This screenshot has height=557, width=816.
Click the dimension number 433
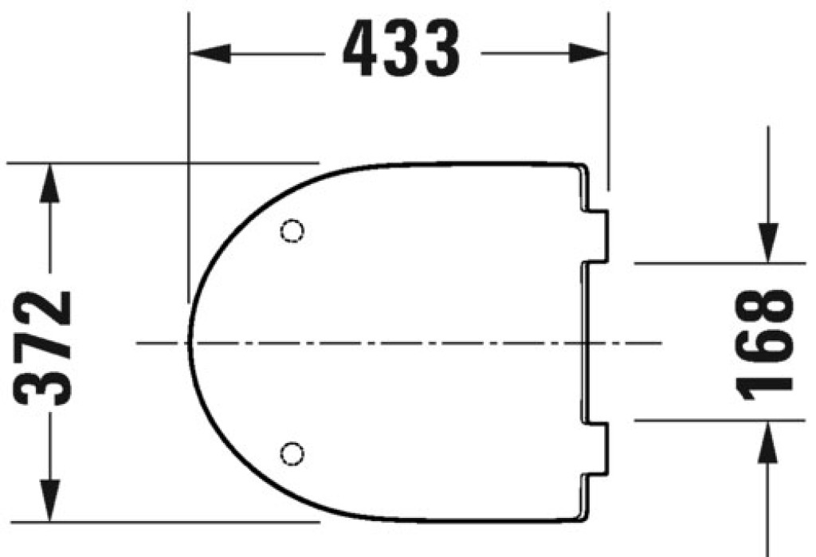402,49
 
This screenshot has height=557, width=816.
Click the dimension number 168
764,344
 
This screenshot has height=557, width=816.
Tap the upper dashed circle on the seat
292,230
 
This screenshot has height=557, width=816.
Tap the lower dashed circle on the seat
292,453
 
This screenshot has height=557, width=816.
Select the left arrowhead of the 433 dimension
210,53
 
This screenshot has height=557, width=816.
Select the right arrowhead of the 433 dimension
588,53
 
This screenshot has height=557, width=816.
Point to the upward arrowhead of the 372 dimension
49,183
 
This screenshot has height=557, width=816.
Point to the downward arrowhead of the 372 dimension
49,500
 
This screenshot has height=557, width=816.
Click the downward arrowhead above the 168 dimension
768,243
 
